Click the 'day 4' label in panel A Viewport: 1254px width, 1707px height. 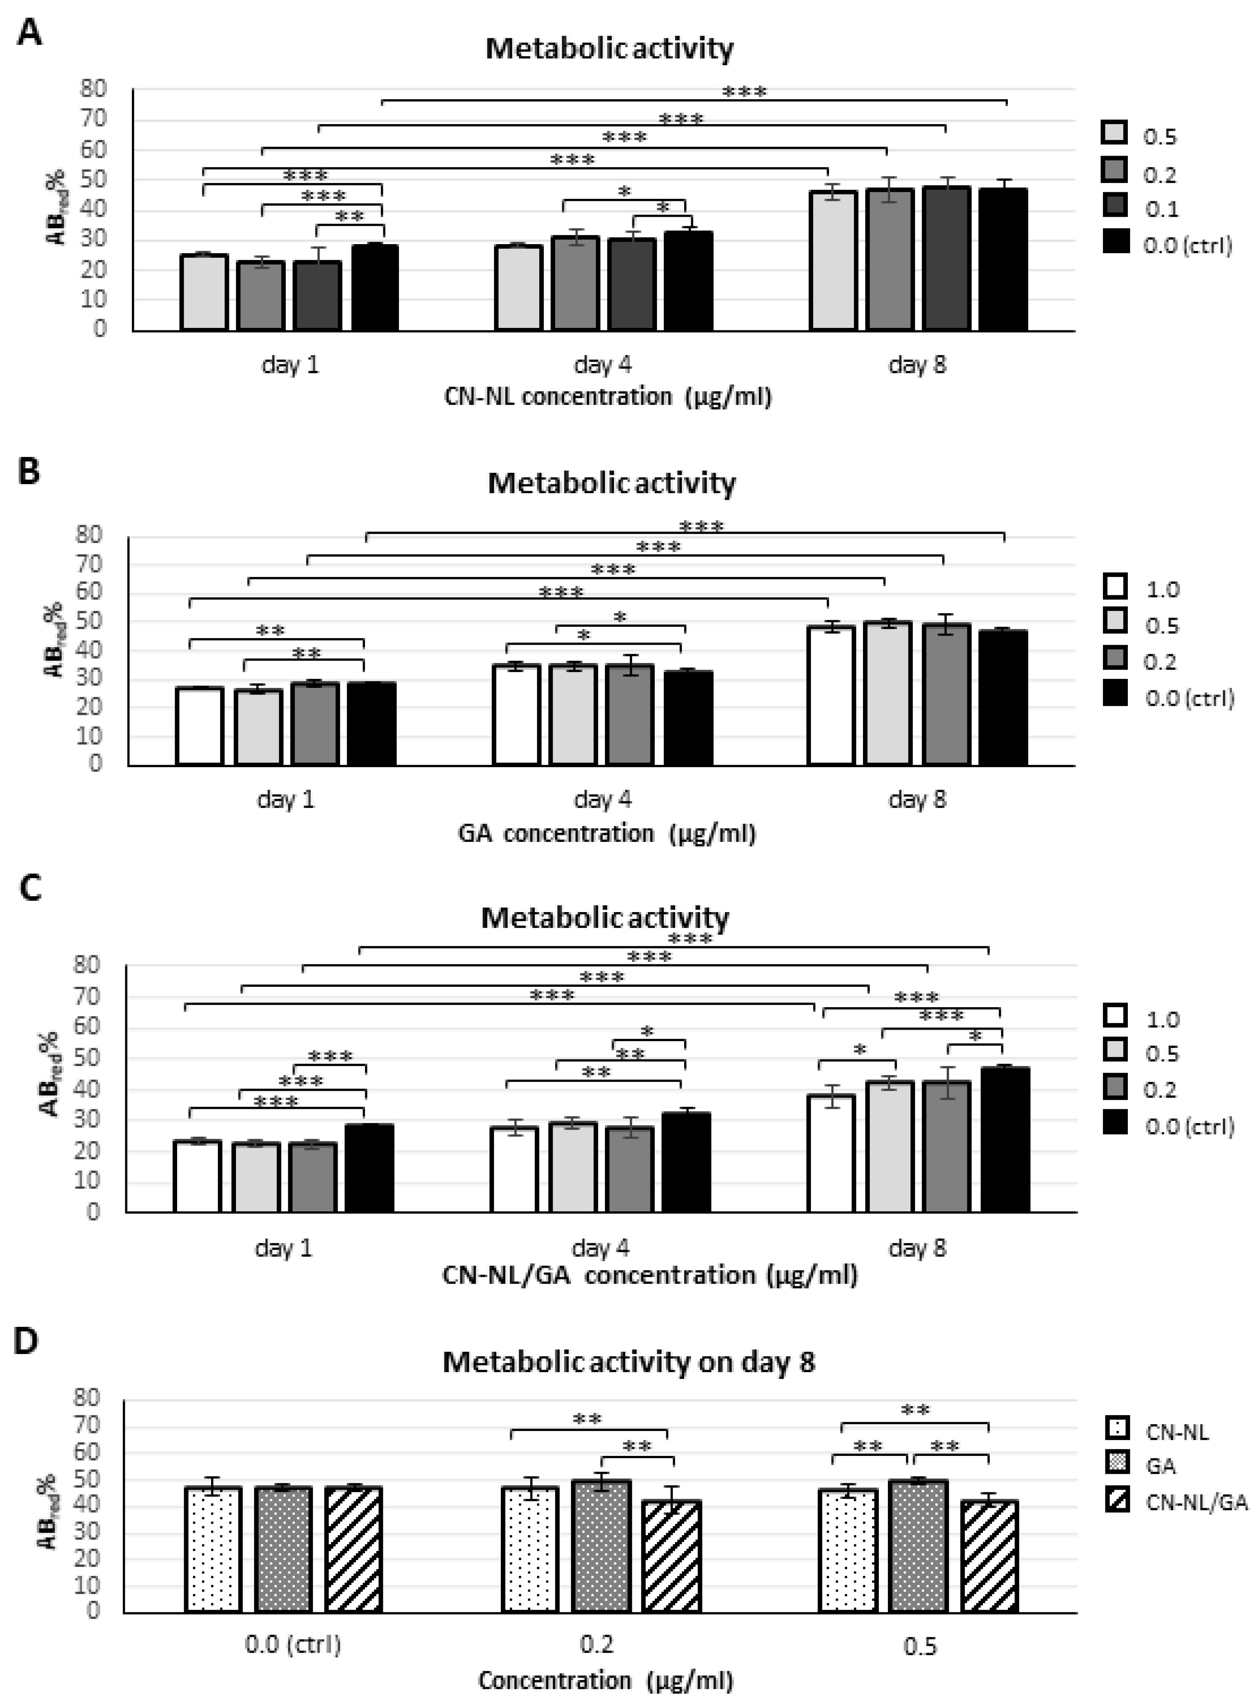[x=603, y=365]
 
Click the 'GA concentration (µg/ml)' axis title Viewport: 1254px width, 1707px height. [x=607, y=833]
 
